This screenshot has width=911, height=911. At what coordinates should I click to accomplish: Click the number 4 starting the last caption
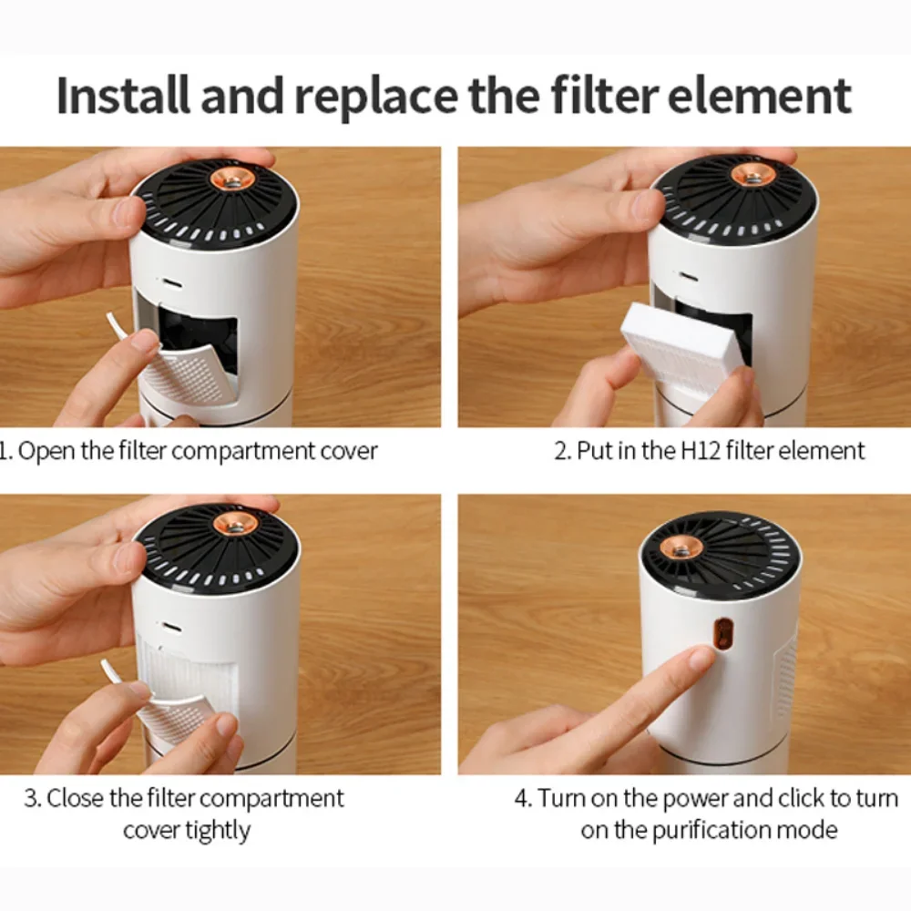(x=522, y=799)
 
